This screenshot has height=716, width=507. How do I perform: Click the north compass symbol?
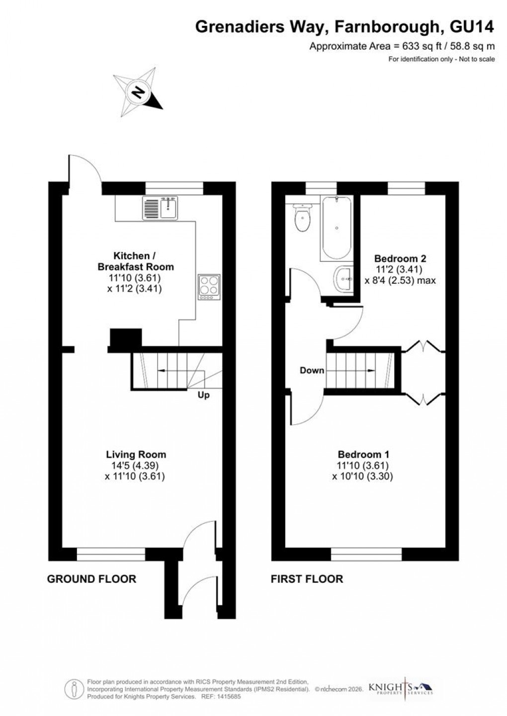139,92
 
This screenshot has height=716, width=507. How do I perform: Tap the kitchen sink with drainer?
160,208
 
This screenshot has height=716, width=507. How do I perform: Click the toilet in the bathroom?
302,219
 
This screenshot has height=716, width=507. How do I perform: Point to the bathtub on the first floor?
337,228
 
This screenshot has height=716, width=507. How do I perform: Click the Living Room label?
136,454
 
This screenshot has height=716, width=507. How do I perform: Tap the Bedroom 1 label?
363,454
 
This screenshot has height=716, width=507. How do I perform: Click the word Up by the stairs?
203,396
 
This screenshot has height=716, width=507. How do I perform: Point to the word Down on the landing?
312,370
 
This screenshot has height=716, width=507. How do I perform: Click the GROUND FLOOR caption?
91,579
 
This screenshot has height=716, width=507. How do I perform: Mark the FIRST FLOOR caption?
307,579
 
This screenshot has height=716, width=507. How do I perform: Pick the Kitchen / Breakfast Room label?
135,261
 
